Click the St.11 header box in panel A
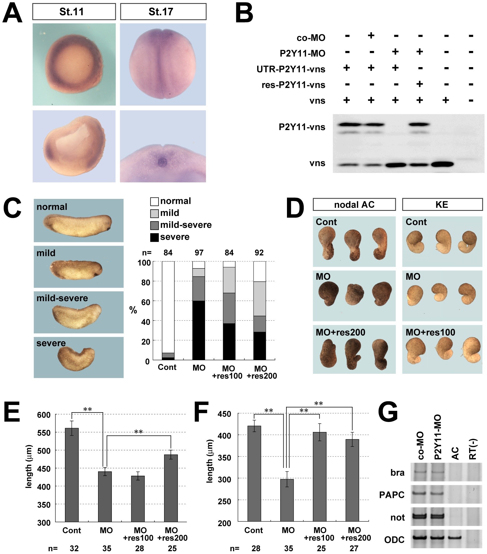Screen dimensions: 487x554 tap(74, 12)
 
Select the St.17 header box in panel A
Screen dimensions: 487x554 tap(163, 12)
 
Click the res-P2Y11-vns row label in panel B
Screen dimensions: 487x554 tap(293, 85)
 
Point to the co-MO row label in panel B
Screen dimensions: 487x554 tap(311, 38)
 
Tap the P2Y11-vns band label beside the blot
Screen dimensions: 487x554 tap(302, 127)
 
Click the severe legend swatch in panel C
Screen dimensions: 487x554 tap(154, 237)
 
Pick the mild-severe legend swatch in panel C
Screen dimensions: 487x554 tap(154, 225)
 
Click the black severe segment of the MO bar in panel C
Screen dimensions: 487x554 tap(199, 330)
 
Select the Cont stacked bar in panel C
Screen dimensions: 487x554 tap(168, 310)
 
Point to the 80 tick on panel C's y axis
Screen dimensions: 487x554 tap(146, 282)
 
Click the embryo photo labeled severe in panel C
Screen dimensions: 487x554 tap(79, 357)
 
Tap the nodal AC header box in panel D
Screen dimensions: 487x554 tap(354, 204)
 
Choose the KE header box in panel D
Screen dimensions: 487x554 tap(442, 204)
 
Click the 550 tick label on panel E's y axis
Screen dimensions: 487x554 tap(44, 433)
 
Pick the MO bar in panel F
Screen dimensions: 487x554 tap(287, 500)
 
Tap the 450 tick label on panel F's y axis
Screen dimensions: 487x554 tap(224, 414)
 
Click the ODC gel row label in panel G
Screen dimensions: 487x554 tap(394, 540)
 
